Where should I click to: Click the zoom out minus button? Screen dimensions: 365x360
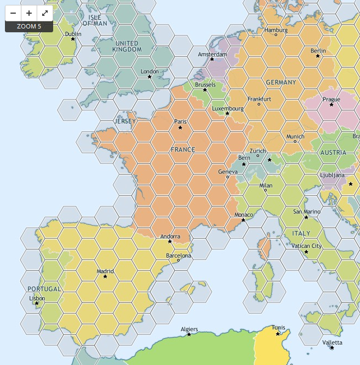[x=13, y=13]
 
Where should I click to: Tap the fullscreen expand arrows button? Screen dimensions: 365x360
[x=45, y=13]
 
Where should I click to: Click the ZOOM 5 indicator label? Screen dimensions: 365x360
[x=29, y=26]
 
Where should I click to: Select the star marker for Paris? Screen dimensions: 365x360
[x=180, y=128]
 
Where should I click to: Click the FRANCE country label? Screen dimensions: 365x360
[x=182, y=149]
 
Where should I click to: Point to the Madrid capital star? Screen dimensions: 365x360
[x=105, y=277]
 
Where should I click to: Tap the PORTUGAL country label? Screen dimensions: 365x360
[x=44, y=288]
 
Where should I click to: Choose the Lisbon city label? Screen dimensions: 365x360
[x=37, y=298]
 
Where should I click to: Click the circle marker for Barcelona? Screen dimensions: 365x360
[x=179, y=260]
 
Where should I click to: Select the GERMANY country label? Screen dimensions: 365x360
[x=281, y=83]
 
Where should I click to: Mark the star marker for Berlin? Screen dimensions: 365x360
[x=318, y=56]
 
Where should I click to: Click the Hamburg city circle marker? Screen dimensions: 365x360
[x=276, y=35]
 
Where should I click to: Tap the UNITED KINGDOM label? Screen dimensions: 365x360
[x=127, y=46]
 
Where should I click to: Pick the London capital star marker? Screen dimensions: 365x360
[x=150, y=77]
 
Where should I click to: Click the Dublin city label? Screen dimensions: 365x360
[x=73, y=34]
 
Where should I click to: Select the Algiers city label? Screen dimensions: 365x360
[x=189, y=329]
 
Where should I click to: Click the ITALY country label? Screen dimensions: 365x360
[x=301, y=233]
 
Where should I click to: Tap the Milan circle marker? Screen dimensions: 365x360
[x=266, y=190]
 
